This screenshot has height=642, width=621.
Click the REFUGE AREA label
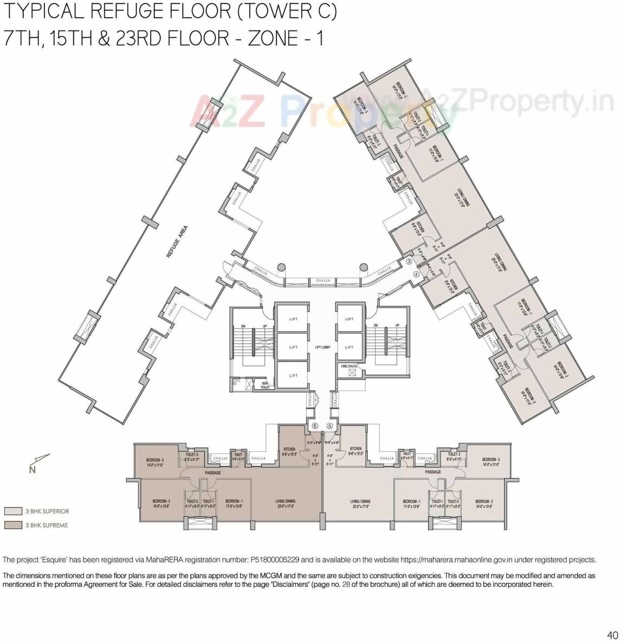coord(177,242)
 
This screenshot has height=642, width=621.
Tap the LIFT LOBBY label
coord(322,347)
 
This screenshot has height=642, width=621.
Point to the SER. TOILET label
coord(265,385)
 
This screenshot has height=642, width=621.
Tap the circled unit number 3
coord(410,262)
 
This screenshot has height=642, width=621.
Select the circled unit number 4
coord(416,274)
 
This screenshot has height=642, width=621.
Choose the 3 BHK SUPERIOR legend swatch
coord(12,511)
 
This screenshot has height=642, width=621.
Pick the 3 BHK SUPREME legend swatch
coord(12,525)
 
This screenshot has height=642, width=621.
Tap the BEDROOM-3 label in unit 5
coord(490,462)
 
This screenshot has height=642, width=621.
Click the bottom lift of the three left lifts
coord(293,375)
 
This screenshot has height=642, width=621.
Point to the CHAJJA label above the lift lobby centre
coord(323,281)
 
